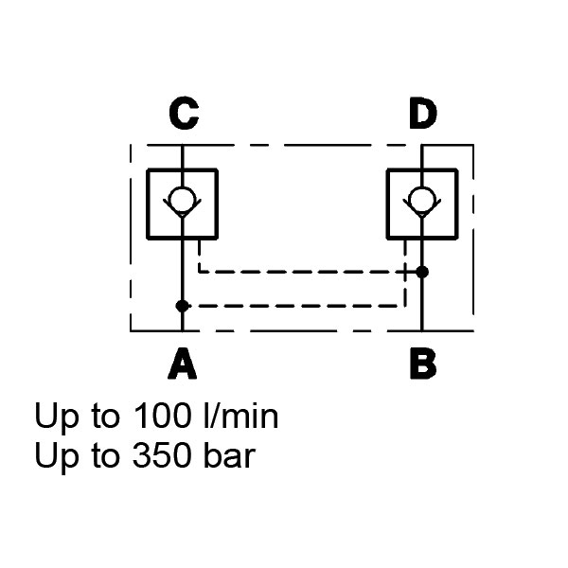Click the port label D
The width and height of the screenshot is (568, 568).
coord(422,114)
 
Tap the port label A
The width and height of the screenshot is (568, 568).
coord(182,364)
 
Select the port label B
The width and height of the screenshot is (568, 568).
coord(422,364)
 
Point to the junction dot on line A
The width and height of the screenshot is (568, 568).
coord(182,306)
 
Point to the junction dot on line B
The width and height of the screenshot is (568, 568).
coord(422,272)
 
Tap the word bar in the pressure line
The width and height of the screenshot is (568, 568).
coord(228,456)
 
